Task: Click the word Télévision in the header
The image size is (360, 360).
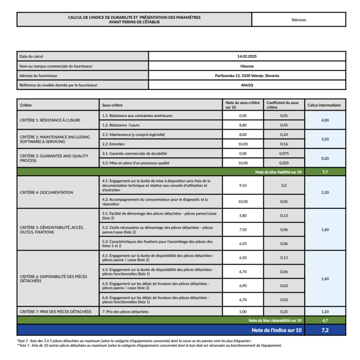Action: (299, 20)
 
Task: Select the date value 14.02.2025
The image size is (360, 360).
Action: (247, 56)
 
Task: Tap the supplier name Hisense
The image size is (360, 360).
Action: (247, 66)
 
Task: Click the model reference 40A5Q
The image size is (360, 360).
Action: (247, 85)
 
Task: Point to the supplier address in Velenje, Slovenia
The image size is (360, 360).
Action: (247, 76)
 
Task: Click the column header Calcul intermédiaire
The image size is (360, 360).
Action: (324, 105)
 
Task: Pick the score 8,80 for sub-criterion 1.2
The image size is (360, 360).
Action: (243, 125)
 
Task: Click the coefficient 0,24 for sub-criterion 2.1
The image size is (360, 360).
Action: (283, 135)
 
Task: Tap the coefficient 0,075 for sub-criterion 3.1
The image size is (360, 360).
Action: (283, 153)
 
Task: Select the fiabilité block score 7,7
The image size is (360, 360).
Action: (325, 172)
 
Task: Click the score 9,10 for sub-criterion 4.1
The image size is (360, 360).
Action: (243, 185)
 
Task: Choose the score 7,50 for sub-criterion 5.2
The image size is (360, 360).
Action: (243, 229)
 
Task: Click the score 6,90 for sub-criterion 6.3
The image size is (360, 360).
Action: (243, 286)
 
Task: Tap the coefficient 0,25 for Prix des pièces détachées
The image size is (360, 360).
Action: (283, 311)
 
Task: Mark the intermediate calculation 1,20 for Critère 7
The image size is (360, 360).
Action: (325, 311)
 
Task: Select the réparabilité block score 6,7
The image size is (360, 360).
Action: (325, 320)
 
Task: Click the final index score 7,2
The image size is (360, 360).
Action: (325, 330)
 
